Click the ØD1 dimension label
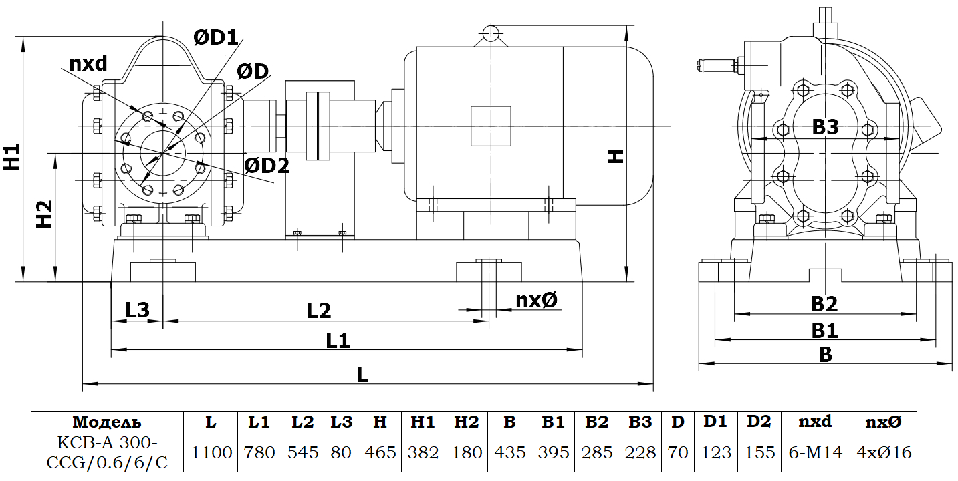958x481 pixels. click(215, 38)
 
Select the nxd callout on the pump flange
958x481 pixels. click(88, 63)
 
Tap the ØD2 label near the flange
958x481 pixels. click(267, 165)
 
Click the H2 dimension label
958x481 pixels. click(44, 214)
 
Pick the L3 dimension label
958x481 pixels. click(137, 309)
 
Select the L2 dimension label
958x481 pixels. click(319, 310)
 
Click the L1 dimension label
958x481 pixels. click(338, 340)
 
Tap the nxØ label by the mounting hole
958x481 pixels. click(536, 301)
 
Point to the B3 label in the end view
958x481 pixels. click(825, 127)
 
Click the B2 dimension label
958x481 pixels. click(824, 304)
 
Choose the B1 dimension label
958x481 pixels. click(824, 330)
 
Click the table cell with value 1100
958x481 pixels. click(211, 452)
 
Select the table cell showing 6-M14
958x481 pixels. click(815, 452)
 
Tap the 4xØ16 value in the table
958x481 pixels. click(884, 452)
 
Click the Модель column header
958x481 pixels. click(107, 422)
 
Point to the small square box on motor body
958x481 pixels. click(491, 126)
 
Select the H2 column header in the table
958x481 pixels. click(466, 422)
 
